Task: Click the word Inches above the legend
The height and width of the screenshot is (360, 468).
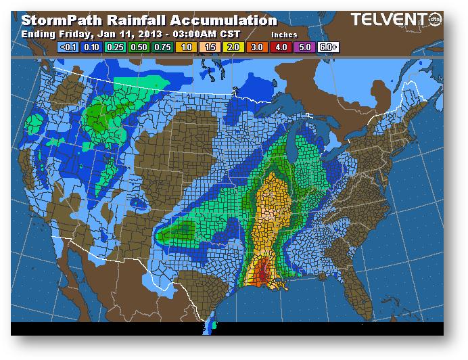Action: click(x=283, y=34)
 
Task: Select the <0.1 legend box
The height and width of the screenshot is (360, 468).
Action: click(x=68, y=47)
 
